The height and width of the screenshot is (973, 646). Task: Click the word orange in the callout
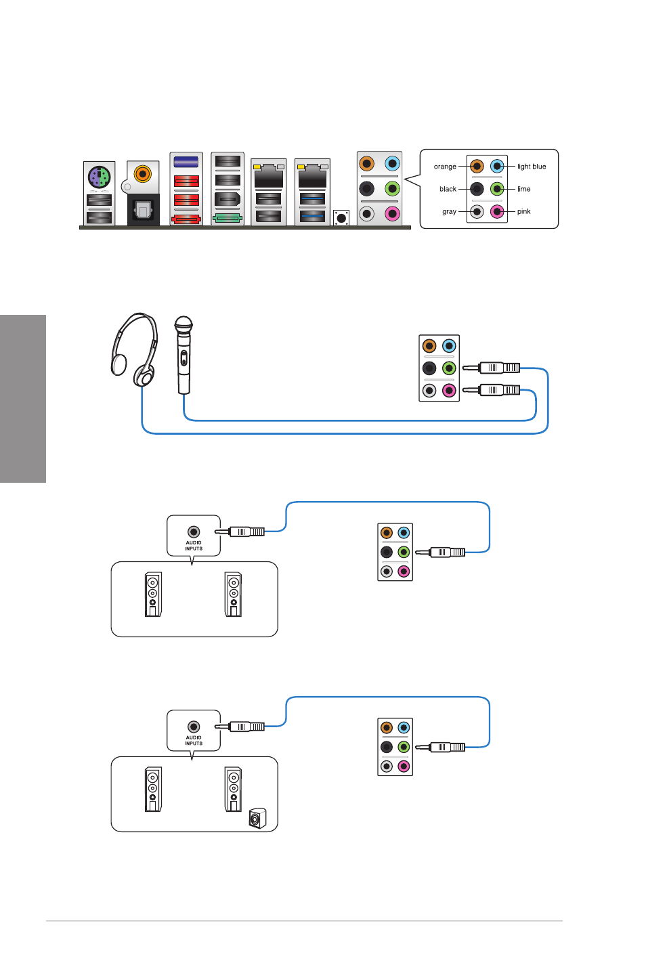tap(444, 167)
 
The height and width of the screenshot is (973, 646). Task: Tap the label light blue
tap(532, 167)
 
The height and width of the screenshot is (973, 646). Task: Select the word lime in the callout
tap(523, 189)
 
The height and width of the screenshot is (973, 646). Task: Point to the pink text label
tap(523, 211)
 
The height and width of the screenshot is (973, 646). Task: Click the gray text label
tap(449, 211)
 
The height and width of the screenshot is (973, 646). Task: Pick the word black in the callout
tap(448, 189)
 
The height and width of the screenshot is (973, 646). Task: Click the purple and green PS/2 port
tap(100, 177)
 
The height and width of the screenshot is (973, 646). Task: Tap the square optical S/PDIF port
tap(143, 209)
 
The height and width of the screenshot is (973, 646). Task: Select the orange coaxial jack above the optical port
tap(142, 174)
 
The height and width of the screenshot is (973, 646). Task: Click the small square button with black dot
tap(341, 217)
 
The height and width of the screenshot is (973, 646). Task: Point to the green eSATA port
tap(228, 218)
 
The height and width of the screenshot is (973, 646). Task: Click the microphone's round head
tap(184, 324)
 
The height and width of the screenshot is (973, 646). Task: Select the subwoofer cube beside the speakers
tap(257, 819)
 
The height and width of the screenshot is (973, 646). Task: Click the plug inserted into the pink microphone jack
tap(491, 390)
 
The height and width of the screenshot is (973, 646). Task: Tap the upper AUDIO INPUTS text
tap(194, 546)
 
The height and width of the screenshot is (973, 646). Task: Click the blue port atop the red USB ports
tap(186, 162)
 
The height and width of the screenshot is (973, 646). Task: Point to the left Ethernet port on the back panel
tap(268, 176)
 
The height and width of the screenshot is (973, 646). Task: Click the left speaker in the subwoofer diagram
tap(153, 789)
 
